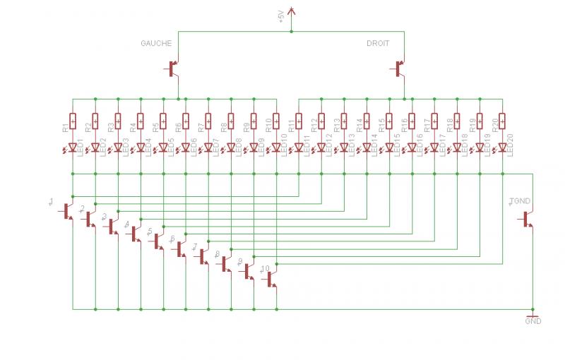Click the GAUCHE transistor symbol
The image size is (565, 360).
click(x=173, y=68)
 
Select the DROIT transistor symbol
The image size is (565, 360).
click(x=399, y=68)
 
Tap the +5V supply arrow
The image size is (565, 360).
click(x=292, y=13)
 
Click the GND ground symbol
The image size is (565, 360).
click(x=533, y=316)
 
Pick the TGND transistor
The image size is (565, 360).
click(x=528, y=220)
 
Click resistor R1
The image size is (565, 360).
click(x=73, y=122)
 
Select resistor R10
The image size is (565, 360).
click(x=276, y=122)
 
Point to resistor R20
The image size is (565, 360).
click(x=502, y=122)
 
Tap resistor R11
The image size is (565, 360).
click(x=299, y=122)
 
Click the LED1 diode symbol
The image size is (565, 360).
click(x=73, y=148)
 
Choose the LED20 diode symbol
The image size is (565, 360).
click(x=502, y=148)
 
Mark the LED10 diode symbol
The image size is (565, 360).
click(x=276, y=148)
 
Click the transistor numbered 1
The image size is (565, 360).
click(x=68, y=211)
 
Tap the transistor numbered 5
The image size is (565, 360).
click(x=158, y=241)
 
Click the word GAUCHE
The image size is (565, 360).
click(x=156, y=43)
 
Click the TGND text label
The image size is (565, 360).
click(x=520, y=202)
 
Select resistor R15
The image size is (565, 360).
click(x=389, y=122)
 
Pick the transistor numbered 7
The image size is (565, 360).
click(x=203, y=256)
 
